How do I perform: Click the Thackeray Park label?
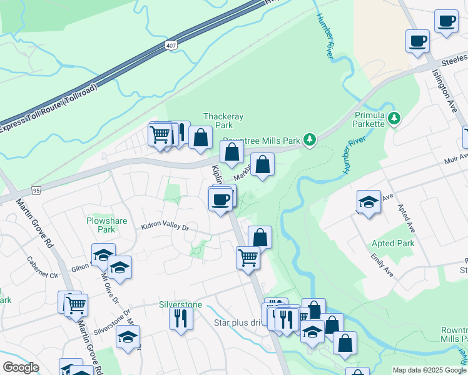coord(223,121)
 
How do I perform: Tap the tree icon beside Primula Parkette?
coord(394,117)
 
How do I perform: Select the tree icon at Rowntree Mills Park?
coord(309,139)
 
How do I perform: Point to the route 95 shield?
coord(36,189)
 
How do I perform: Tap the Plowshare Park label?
coord(101,225)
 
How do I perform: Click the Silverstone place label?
coord(181,304)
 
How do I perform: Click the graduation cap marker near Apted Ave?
coord(369,202)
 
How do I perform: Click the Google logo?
coord(21,367)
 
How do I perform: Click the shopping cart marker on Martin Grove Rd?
coord(76,305)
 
